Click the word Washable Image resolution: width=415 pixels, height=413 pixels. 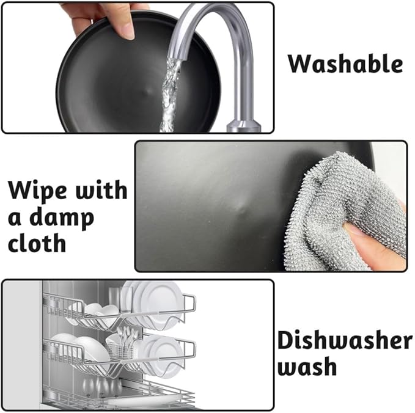click(x=345, y=64)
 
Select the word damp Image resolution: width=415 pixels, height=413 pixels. click(x=61, y=218)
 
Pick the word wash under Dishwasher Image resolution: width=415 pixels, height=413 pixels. click(x=307, y=367)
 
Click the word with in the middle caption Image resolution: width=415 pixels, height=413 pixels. click(x=101, y=190)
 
